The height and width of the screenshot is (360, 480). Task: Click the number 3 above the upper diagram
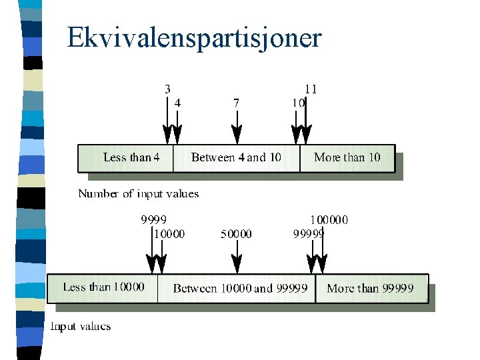click(167, 88)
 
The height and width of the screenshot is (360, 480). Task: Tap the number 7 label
click(237, 103)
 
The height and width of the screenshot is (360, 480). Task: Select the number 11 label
click(311, 89)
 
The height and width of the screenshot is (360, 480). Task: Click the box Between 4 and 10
click(236, 158)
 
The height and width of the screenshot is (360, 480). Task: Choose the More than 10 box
click(347, 158)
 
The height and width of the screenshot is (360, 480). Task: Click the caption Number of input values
click(139, 194)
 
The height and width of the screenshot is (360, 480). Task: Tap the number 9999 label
click(153, 219)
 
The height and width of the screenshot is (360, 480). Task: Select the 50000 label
click(236, 233)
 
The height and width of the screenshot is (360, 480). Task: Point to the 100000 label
click(329, 219)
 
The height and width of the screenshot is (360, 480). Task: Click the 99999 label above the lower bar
click(309, 233)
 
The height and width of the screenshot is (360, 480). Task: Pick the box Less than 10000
click(103, 287)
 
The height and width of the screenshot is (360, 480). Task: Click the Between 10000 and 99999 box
click(240, 288)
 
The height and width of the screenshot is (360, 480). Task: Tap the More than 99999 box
click(370, 288)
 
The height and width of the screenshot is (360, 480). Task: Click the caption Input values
click(81, 327)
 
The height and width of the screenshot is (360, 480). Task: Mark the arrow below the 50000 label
click(237, 257)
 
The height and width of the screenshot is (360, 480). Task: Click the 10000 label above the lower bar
click(169, 233)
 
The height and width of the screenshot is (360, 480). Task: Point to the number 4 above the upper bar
click(177, 103)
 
